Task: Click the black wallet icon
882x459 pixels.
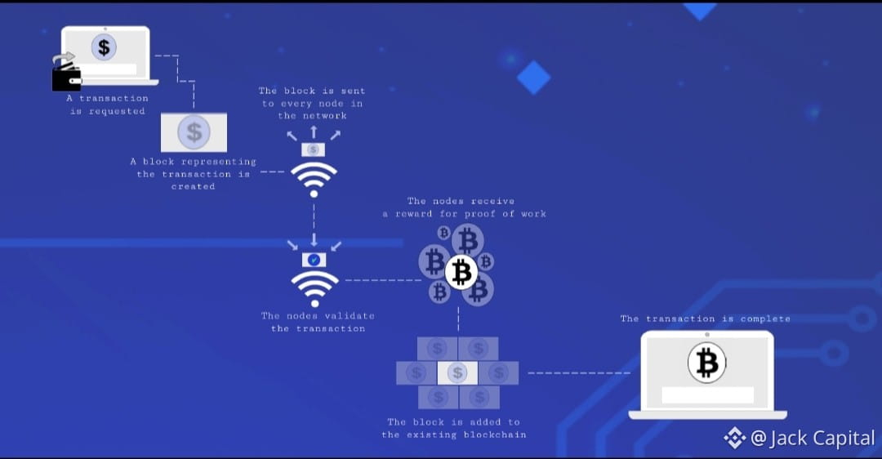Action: click(x=66, y=78)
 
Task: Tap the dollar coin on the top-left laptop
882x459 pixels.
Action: click(x=104, y=47)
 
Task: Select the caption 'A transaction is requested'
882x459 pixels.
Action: click(x=107, y=105)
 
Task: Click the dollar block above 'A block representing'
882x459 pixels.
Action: click(x=194, y=132)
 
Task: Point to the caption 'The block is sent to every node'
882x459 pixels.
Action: click(x=312, y=103)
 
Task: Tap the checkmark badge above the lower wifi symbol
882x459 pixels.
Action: click(x=314, y=259)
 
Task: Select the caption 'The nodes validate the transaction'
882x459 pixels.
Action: click(x=318, y=322)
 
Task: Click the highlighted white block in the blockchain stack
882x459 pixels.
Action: click(x=457, y=373)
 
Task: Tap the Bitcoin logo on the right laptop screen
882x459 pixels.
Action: click(x=706, y=363)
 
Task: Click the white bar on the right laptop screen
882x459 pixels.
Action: click(x=707, y=395)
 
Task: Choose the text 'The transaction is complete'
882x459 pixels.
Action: click(x=705, y=319)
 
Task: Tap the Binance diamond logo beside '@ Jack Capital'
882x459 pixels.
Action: click(x=734, y=439)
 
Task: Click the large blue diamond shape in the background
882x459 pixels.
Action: click(x=534, y=77)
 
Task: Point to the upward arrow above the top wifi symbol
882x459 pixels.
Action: click(x=314, y=131)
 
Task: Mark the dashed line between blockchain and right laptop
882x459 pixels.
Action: click(x=578, y=373)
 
